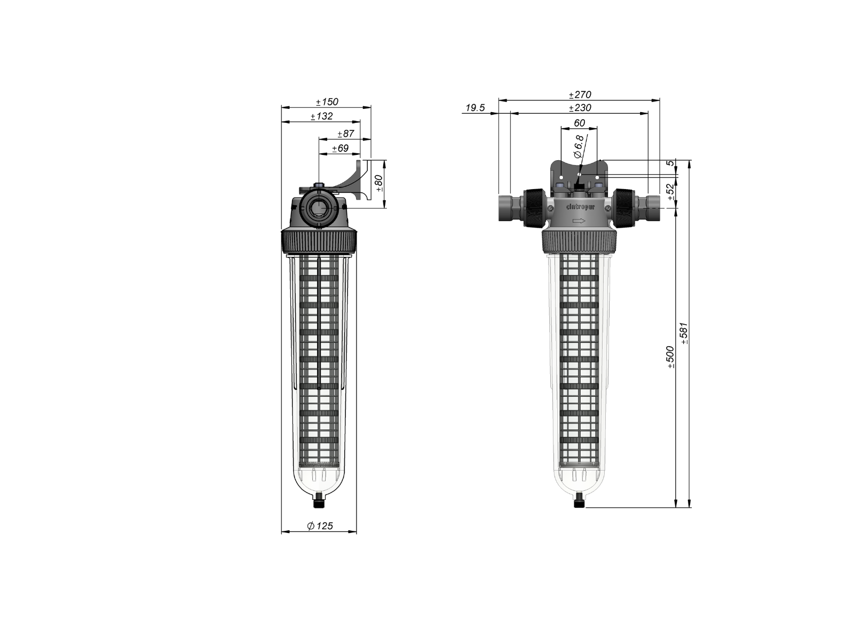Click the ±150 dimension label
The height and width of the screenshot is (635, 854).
click(327, 102)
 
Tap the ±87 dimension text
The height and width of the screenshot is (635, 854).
click(346, 134)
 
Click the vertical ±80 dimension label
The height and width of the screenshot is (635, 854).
click(379, 183)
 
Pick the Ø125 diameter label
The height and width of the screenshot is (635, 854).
click(320, 526)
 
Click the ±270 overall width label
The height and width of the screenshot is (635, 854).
click(580, 95)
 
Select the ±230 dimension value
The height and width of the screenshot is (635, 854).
click(580, 108)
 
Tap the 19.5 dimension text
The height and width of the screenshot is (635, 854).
click(475, 108)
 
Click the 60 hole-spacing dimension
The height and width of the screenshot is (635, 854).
click(579, 123)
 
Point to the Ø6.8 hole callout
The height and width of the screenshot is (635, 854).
click(578, 146)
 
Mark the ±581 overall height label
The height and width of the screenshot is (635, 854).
click(685, 333)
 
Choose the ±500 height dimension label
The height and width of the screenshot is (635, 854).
click(671, 357)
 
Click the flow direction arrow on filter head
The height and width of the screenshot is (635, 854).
click(578, 221)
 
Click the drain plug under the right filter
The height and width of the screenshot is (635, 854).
click(579, 501)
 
